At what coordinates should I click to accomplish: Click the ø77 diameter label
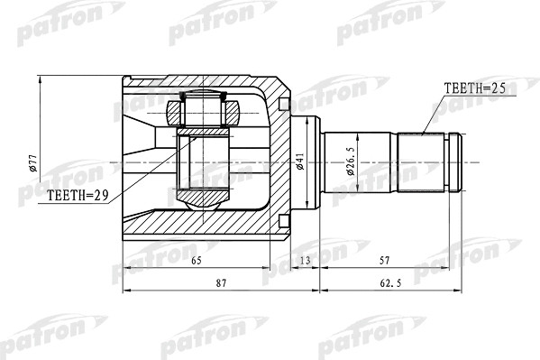pyautogui.click(x=32, y=163)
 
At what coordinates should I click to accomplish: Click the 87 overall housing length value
pyautogui.click(x=220, y=284)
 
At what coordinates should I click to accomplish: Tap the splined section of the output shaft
pyautogui.click(x=424, y=162)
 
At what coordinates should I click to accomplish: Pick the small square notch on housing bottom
pyautogui.click(x=287, y=221)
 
